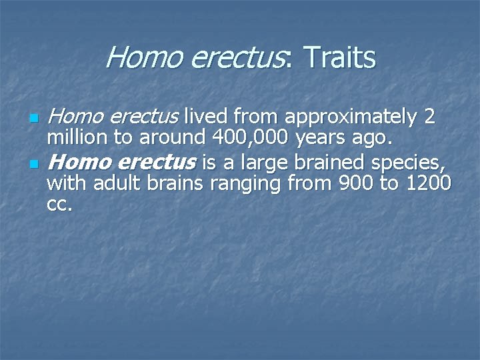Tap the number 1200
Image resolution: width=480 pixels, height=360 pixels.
click(x=429, y=183)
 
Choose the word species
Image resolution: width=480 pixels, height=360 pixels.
click(x=409, y=162)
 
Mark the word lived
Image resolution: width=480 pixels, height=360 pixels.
click(x=207, y=117)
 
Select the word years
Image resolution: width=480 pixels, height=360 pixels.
click(x=319, y=139)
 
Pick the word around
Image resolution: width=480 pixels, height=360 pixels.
click(x=168, y=139)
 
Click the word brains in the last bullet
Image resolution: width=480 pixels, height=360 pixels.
click(x=179, y=183)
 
